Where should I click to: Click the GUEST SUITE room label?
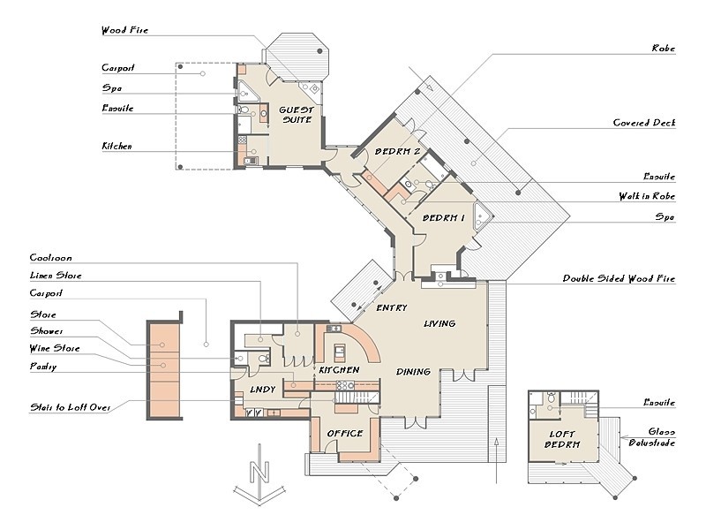click(x=297, y=115)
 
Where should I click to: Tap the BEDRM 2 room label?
click(x=398, y=151)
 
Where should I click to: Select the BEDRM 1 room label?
click(x=444, y=218)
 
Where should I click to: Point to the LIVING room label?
click(x=439, y=323)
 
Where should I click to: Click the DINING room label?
click(x=413, y=371)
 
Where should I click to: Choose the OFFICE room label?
click(x=345, y=433)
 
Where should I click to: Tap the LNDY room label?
click(x=262, y=390)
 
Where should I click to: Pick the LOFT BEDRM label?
click(x=562, y=439)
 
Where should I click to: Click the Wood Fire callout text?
click(x=124, y=30)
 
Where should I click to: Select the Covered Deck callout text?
click(x=644, y=123)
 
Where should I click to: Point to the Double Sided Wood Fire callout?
click(x=620, y=278)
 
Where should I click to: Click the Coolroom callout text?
click(x=51, y=258)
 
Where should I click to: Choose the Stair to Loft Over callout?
click(x=71, y=407)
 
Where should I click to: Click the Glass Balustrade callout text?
click(x=652, y=437)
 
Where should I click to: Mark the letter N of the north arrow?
click(x=259, y=472)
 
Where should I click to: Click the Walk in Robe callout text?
click(x=647, y=196)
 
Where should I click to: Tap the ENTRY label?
click(x=392, y=307)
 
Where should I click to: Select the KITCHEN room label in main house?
click(x=339, y=370)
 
